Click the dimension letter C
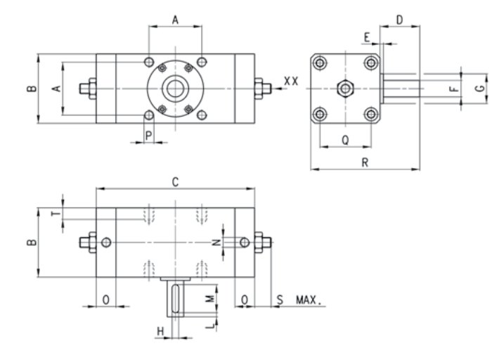[175, 182]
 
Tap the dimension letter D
[399, 20]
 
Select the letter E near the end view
[367, 37]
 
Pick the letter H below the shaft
[160, 331]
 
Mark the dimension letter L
[210, 325]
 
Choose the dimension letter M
[209, 299]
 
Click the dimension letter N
[216, 243]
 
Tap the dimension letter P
[148, 136]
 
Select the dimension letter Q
[345, 140]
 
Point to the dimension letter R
[365, 162]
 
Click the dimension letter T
[56, 212]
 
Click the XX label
[291, 81]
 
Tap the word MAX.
[309, 300]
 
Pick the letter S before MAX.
[280, 300]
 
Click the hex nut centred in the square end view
[345, 88]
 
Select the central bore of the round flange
[175, 88]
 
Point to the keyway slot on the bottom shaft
[175, 299]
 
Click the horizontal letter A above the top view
[175, 20]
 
